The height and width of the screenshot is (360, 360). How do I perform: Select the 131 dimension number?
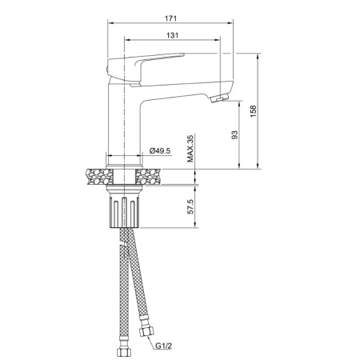point(171,35)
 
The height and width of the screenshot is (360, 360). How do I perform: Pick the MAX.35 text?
point(190,148)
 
